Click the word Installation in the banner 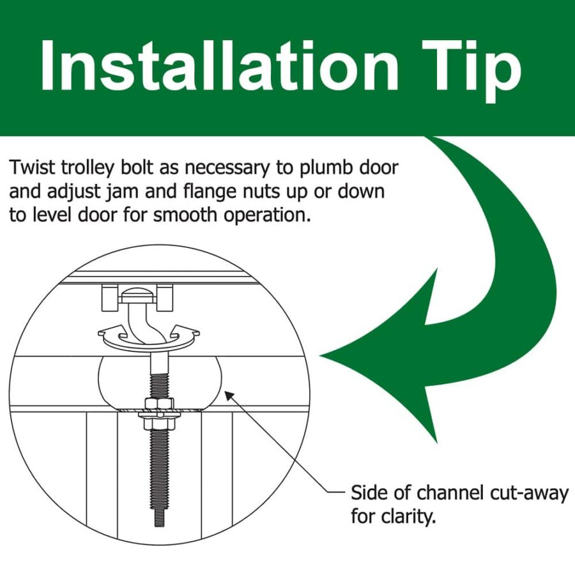219,65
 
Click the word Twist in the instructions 32,167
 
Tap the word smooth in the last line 185,215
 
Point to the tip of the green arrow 321,355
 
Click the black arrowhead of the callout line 229,395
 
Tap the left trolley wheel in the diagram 109,297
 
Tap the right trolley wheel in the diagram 164,297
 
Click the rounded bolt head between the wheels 137,296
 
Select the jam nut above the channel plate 159,403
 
